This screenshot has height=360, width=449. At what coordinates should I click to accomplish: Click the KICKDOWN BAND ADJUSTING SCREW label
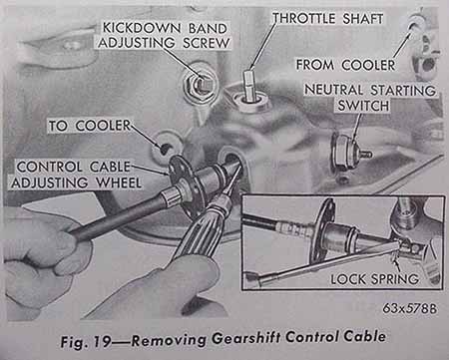point(164,36)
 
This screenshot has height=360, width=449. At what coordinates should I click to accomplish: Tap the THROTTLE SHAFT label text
point(327,18)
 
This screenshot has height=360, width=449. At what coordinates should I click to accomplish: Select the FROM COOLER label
point(345,65)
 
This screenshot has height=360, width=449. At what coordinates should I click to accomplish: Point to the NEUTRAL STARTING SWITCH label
point(369,98)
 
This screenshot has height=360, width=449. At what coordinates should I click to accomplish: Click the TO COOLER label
point(90,126)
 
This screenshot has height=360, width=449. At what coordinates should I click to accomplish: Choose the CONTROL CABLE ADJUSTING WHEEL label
point(76,175)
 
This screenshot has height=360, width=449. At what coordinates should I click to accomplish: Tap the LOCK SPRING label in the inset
point(375,278)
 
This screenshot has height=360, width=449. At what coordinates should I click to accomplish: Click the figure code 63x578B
point(409,308)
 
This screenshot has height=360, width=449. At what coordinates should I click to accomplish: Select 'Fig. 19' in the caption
point(85,341)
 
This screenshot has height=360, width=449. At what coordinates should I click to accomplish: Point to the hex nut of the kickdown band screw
point(198,87)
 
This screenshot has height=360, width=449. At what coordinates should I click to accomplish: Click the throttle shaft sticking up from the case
point(249,86)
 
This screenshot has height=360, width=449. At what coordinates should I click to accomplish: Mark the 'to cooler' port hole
point(164,149)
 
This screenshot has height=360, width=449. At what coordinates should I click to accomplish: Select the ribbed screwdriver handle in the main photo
point(197,232)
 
